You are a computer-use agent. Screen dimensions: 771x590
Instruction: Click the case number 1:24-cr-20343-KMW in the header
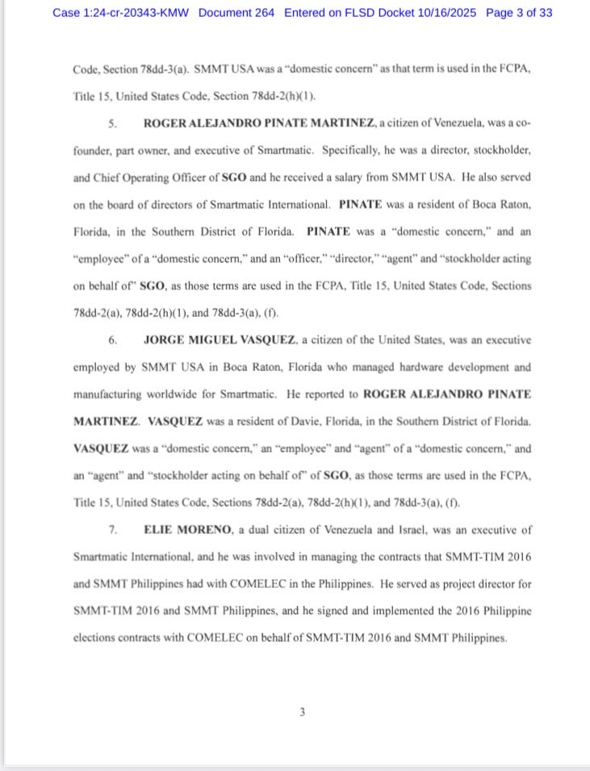pos(136,13)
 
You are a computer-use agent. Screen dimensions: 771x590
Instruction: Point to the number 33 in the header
pos(545,13)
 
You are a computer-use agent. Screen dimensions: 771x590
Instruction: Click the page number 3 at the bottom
pos(302,711)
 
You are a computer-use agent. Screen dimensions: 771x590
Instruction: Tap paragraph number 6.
pos(114,340)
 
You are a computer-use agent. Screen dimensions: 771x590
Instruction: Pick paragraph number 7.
pos(114,530)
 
